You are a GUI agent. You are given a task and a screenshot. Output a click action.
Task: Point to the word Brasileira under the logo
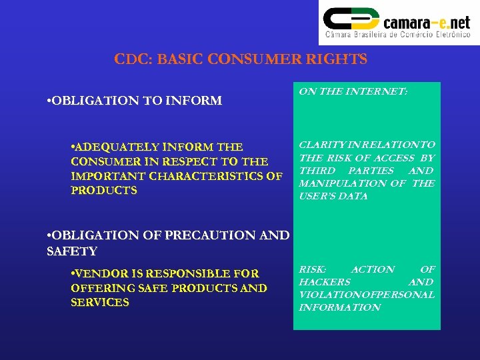tap(375, 34)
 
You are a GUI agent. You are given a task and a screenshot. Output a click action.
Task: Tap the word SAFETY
tap(72, 251)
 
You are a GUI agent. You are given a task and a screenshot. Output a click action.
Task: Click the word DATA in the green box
tap(353, 197)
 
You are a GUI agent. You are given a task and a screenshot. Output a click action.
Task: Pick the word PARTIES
tap(371, 171)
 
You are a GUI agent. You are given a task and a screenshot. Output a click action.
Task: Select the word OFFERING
tap(97, 288)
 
